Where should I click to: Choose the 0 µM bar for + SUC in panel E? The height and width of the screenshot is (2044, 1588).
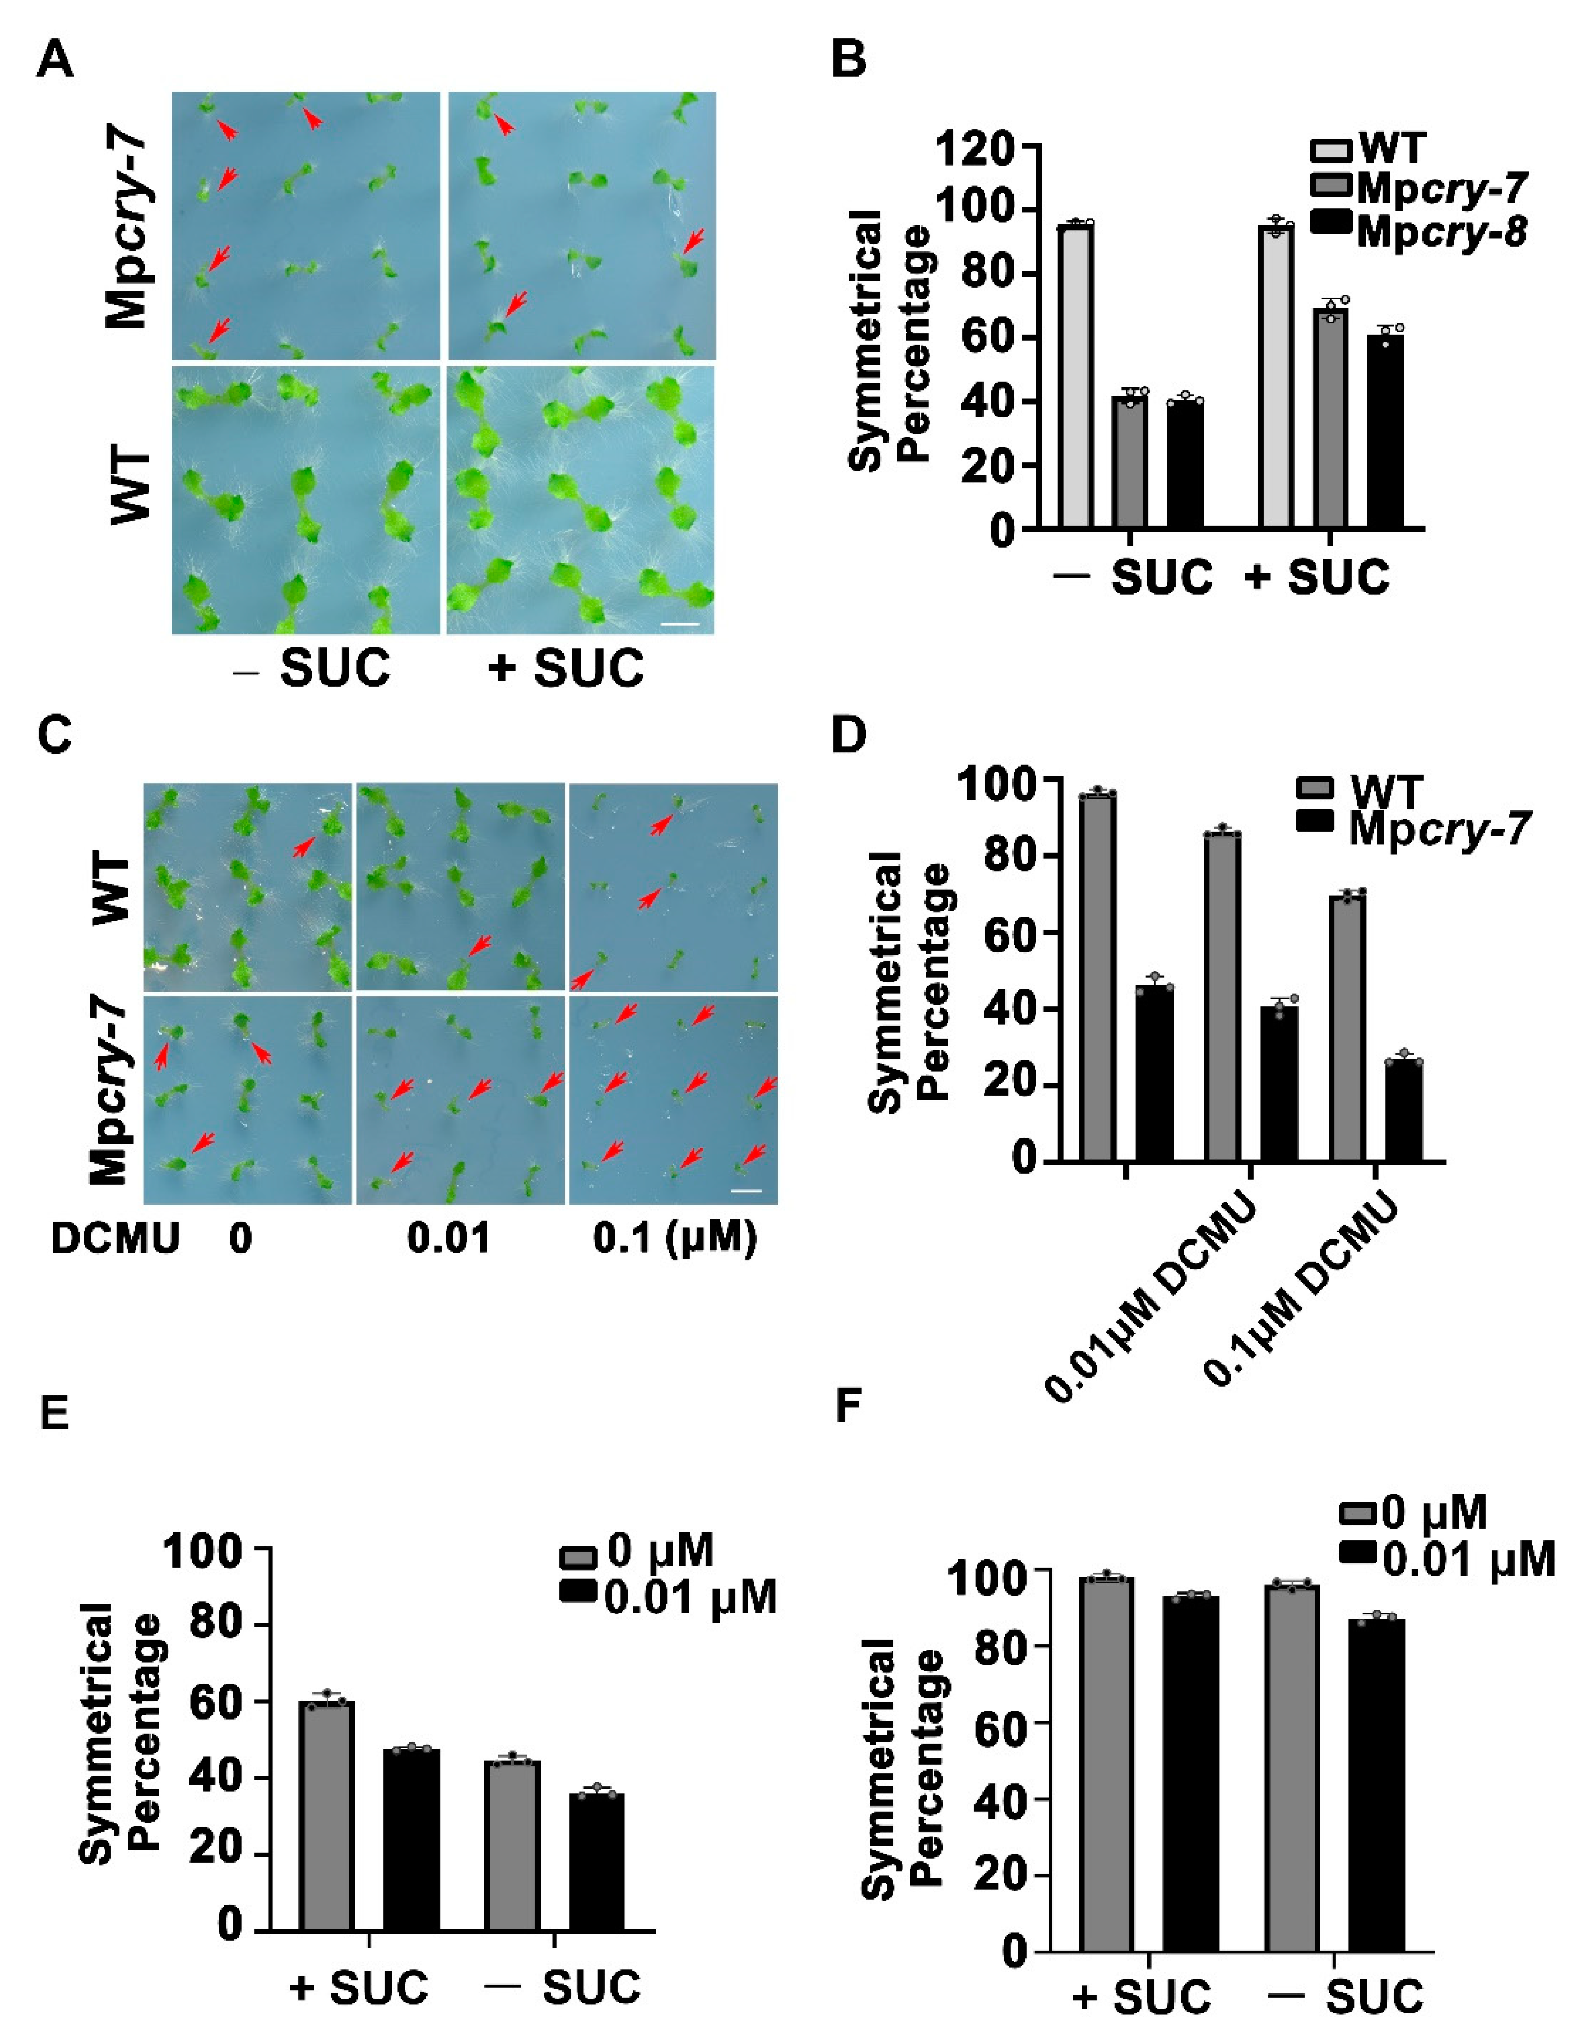click(x=327, y=1815)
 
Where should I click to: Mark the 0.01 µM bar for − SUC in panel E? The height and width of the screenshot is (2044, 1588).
click(x=597, y=1862)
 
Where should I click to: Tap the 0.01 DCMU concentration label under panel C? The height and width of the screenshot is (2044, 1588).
click(x=448, y=1239)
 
